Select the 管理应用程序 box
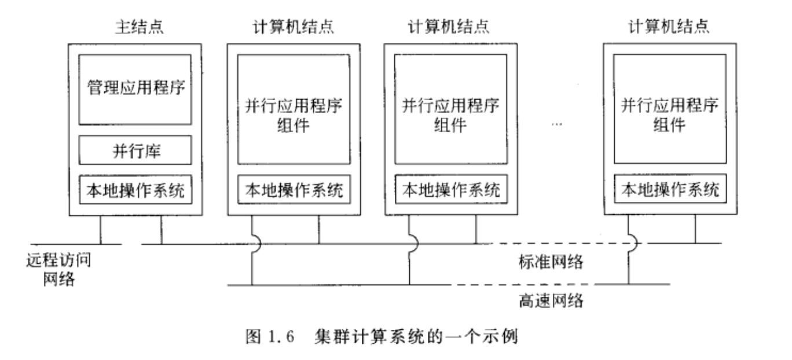pyautogui.click(x=134, y=89)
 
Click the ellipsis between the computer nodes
pyautogui.click(x=558, y=124)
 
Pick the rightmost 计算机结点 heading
pyautogui.click(x=669, y=26)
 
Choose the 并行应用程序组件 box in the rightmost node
pyautogui.click(x=669, y=108)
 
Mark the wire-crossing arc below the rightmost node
pyautogui.click(x=632, y=244)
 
